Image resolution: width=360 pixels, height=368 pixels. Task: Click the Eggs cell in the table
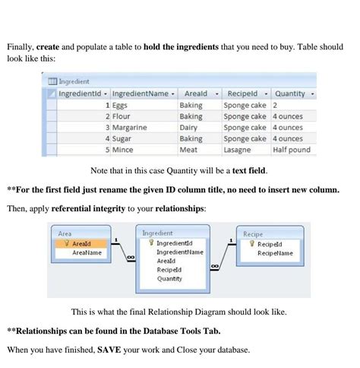click(122, 106)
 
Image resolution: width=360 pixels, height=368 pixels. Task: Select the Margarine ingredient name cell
click(129, 128)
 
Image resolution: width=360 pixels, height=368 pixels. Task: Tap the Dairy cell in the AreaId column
click(189, 128)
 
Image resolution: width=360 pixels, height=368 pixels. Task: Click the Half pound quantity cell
click(292, 150)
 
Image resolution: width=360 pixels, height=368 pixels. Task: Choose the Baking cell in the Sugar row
click(191, 139)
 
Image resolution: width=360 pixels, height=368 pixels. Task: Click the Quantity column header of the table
click(289, 94)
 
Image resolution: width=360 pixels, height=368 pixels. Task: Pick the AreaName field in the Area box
click(87, 252)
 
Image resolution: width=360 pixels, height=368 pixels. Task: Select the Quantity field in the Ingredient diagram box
click(169, 278)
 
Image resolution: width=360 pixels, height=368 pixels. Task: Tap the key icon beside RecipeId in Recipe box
click(251, 244)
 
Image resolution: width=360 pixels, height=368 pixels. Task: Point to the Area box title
click(65, 233)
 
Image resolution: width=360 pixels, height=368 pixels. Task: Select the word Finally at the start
click(22, 47)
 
